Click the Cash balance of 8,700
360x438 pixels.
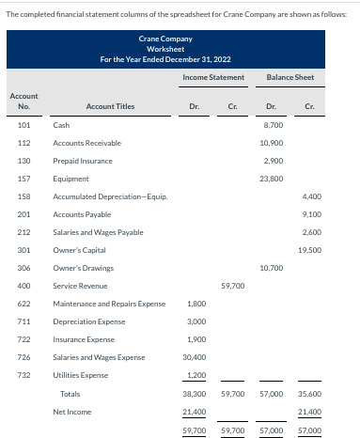coord(274,124)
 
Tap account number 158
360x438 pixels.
coord(24,197)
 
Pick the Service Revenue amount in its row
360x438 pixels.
coord(232,286)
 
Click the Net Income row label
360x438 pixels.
coord(72,412)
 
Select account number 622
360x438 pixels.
coord(24,304)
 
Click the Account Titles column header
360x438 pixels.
coord(110,106)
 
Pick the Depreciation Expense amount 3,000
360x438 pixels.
coord(196,321)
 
